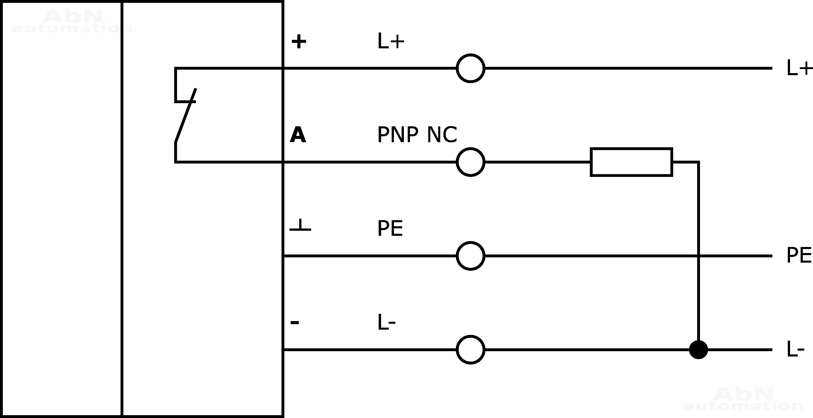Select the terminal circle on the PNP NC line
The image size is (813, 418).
470,162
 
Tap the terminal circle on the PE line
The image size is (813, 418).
470,256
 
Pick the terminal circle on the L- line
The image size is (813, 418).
470,350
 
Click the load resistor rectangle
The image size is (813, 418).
631,162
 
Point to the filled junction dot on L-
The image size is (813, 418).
698,350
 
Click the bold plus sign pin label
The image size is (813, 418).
299,42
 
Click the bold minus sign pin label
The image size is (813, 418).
295,322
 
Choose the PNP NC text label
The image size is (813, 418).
417,135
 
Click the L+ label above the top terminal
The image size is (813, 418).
391,41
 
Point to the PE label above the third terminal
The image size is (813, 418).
390,229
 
